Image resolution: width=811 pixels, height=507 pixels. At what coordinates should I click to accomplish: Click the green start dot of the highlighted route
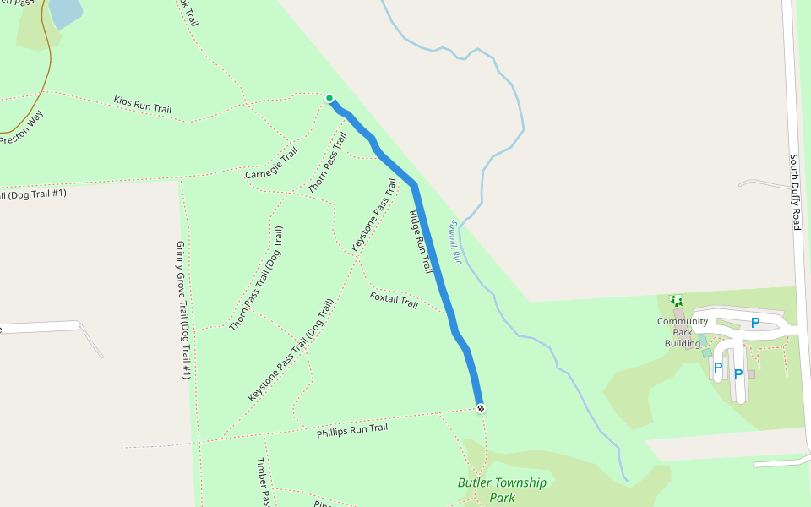point(329,98)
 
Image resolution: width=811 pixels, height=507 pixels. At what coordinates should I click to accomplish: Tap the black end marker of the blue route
point(481,409)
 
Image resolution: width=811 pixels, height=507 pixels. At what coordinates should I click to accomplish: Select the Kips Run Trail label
point(143,105)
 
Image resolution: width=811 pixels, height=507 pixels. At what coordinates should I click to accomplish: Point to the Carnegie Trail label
point(272,164)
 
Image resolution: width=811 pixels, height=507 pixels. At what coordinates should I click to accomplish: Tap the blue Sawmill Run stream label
point(454,243)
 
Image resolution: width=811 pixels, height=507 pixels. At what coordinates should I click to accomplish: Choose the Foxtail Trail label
point(394,300)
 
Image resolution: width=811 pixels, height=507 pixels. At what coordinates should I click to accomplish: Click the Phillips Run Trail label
point(351,430)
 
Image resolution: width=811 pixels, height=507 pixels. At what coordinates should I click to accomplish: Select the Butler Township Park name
point(502,490)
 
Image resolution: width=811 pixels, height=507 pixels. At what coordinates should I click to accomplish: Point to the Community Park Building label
point(683,332)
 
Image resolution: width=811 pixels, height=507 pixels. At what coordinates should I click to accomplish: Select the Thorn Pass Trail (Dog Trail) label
point(256,278)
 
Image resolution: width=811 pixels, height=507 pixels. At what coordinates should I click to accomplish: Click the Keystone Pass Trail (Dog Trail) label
point(291,349)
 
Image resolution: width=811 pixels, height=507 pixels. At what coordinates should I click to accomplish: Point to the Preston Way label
point(21,128)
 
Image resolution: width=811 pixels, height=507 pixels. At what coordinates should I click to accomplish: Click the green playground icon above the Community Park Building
point(676,300)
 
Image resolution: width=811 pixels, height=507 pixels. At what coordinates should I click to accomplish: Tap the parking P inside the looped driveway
point(755,322)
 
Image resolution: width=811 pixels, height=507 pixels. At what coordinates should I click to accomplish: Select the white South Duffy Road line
point(797,253)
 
